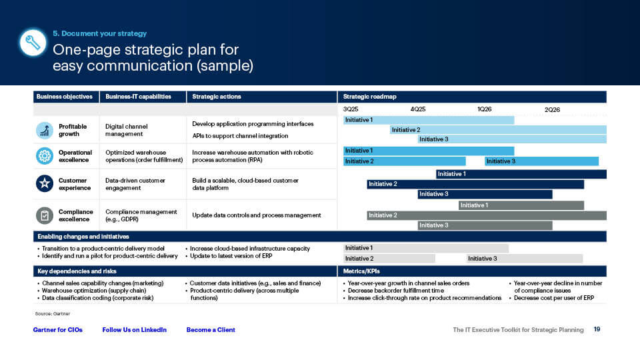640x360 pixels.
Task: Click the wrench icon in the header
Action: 33,43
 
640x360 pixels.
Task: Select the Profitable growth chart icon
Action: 44,130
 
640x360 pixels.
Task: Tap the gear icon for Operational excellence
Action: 44,156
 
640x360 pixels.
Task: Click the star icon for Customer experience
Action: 44,184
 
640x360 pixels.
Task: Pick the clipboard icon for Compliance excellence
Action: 44,215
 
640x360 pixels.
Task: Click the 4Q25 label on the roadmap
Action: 418,109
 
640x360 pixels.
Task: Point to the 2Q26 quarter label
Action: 552,109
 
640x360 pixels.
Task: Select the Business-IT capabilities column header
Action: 138,97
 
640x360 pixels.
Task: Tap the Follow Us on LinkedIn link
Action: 134,330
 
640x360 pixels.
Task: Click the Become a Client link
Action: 211,330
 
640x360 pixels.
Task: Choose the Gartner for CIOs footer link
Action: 58,330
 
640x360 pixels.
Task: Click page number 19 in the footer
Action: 597,329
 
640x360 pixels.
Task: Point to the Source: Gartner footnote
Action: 52,313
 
